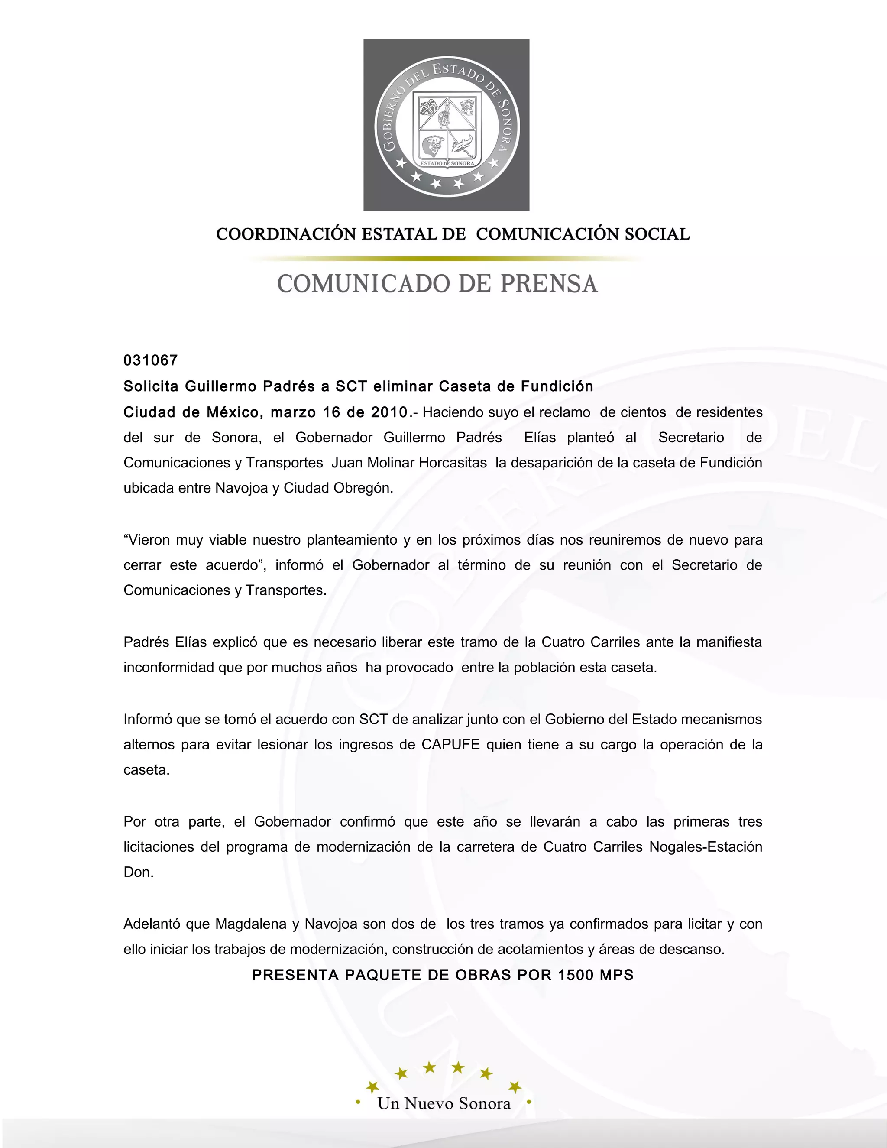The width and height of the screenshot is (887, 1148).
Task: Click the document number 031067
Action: pyautogui.click(x=151, y=360)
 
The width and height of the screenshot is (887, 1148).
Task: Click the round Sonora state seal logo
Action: pyautogui.click(x=446, y=125)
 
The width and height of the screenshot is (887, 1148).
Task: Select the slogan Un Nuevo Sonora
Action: pyautogui.click(x=444, y=1103)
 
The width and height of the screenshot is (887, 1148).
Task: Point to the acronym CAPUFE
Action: pyautogui.click(x=451, y=745)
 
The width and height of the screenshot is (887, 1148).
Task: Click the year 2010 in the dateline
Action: pyautogui.click(x=389, y=412)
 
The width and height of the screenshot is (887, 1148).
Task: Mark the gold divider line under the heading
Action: pyautogui.click(x=446, y=259)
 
